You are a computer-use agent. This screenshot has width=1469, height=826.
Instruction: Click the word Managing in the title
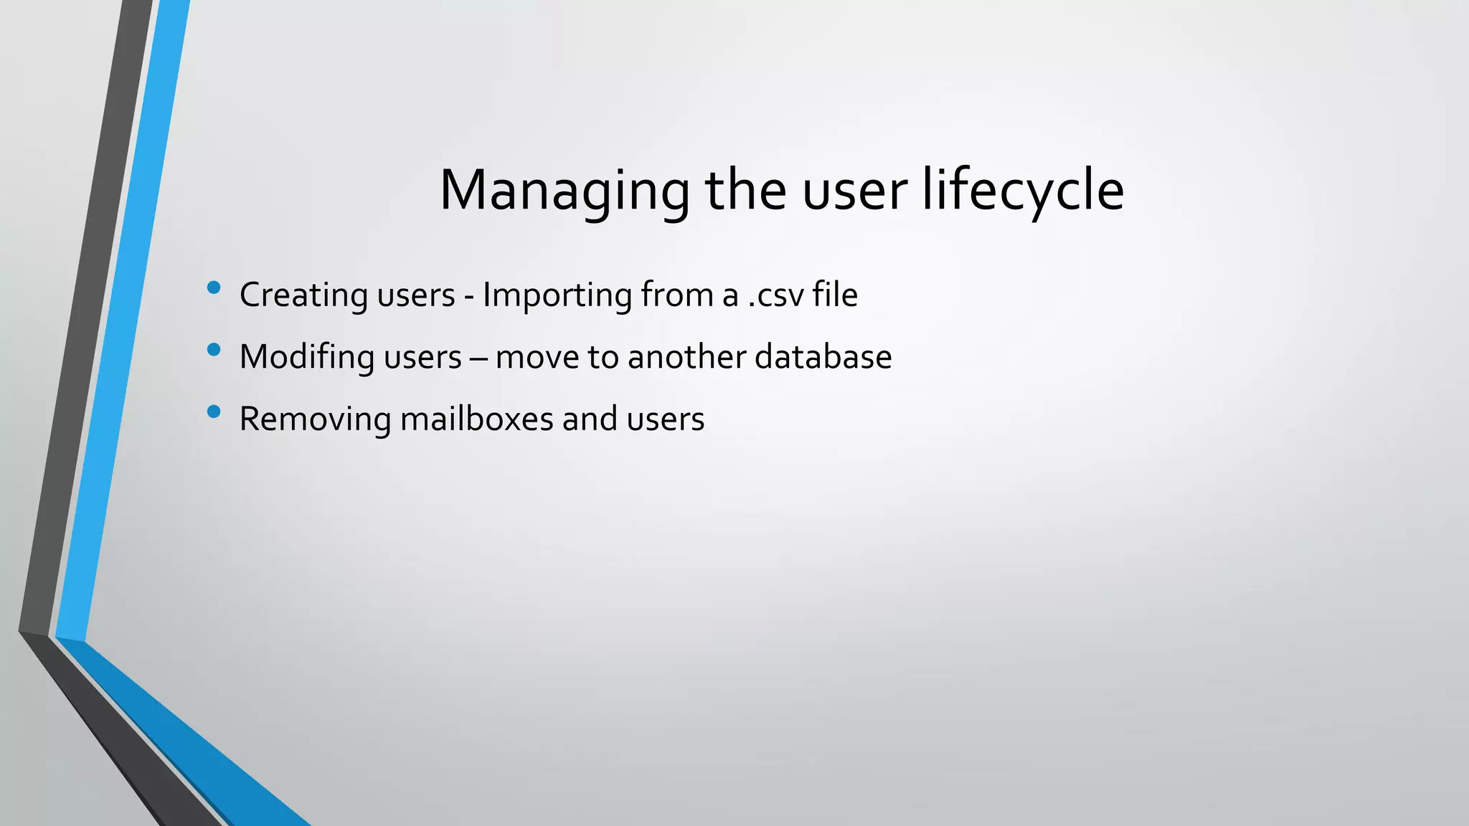coord(564,191)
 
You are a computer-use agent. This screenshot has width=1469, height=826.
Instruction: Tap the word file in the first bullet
coord(835,294)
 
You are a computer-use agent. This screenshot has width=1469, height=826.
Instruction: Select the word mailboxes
coord(476,419)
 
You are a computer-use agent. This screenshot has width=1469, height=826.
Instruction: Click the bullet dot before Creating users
coord(213,288)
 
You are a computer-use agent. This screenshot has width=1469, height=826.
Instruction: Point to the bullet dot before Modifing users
coord(213,350)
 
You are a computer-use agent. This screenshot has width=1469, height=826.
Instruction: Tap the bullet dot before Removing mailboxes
coord(213,412)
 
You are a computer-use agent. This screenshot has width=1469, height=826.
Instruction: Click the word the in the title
coord(745,191)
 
